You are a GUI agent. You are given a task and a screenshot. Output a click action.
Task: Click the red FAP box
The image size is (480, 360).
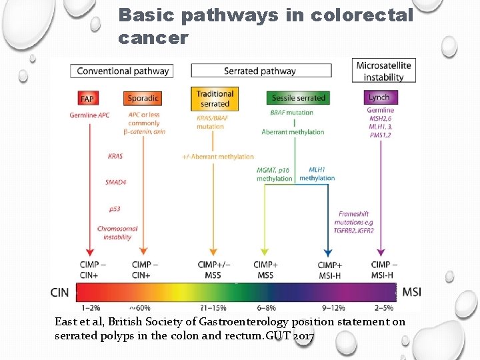pos(87,99)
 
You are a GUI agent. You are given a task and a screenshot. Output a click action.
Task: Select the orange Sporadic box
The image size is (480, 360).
pos(143,99)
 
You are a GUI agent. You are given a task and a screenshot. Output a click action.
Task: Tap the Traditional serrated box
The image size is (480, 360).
pos(214,99)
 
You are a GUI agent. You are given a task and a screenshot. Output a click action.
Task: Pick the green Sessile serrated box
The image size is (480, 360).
pos(299,98)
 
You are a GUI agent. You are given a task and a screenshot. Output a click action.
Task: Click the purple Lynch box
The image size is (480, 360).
pos(379,97)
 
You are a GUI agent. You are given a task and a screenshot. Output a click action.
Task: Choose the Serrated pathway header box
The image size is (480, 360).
pos(259,71)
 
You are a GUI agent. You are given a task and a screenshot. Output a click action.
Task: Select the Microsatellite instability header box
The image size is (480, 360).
pos(383,71)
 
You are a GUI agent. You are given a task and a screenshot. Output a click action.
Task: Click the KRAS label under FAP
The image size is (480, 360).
pos(115,157)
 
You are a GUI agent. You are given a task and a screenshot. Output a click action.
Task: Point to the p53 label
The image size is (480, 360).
pos(115,209)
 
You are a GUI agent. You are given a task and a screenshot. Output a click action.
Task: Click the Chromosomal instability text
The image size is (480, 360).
pos(117,233)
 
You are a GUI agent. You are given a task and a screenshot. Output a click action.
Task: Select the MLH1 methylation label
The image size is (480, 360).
pos(317,174)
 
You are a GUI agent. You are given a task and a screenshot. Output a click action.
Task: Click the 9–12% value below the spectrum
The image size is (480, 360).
pos(333,308)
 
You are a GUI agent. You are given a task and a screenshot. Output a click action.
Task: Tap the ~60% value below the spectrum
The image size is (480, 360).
pos(139,308)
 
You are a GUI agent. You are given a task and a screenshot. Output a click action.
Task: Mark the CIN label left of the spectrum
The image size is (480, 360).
pos(60,292)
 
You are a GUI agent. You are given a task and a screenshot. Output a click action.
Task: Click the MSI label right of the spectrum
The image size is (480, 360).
pos(411,292)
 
